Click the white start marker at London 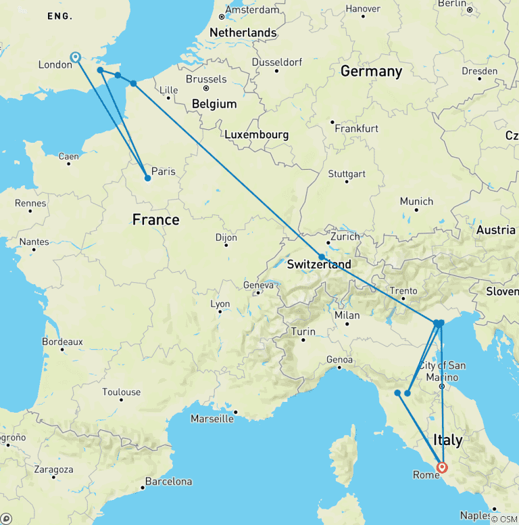pyautogui.click(x=76, y=58)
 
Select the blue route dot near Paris pyautogui.click(x=148, y=179)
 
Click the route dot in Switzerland pyautogui.click(x=322, y=257)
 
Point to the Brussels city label pyautogui.click(x=206, y=79)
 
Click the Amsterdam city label pyautogui.click(x=252, y=10)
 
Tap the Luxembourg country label pyautogui.click(x=256, y=135)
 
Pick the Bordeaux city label pyautogui.click(x=62, y=342)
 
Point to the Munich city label pyautogui.click(x=416, y=202)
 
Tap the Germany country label pyautogui.click(x=371, y=72)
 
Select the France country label pyautogui.click(x=155, y=220)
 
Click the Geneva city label pyautogui.click(x=259, y=286)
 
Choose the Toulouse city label pyautogui.click(x=122, y=392)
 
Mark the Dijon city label pyautogui.click(x=226, y=237)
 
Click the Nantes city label pyautogui.click(x=34, y=242)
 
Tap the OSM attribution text pyautogui.click(x=504, y=519)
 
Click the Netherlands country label pyautogui.click(x=243, y=32)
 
